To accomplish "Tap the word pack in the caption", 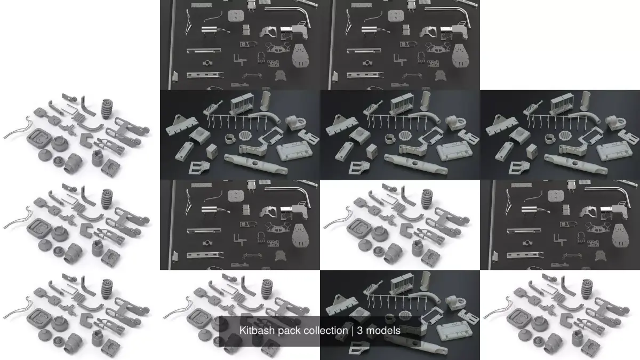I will [290, 331].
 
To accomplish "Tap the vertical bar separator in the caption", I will [352, 331].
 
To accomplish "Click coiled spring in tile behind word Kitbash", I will [268, 289].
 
